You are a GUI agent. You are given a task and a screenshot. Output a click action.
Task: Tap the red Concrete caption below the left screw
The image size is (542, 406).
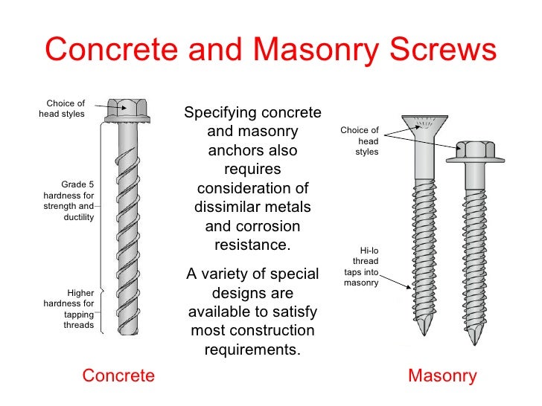(118, 376)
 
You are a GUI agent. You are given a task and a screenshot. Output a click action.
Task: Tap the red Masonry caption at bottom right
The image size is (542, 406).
(442, 376)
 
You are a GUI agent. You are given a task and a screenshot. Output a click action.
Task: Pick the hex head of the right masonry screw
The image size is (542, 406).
(476, 150)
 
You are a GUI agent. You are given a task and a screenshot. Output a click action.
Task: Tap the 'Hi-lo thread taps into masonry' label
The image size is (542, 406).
(362, 267)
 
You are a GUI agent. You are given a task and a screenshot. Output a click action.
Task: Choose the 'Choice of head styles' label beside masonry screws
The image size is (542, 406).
(360, 141)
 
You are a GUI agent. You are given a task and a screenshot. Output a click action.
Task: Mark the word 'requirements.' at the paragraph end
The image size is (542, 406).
(252, 349)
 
